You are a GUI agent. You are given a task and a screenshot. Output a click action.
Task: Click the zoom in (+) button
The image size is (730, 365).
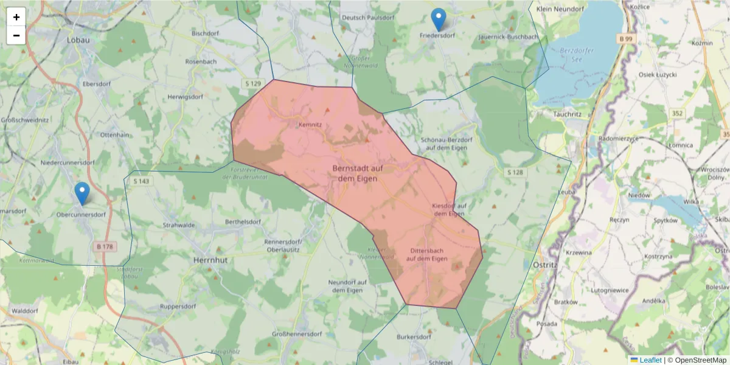[16, 17]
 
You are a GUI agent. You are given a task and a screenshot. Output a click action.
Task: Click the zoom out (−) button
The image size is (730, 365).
[16, 35]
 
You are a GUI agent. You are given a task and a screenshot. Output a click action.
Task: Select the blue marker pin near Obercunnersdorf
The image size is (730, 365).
[82, 193]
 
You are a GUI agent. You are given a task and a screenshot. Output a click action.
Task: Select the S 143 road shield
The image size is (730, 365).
[141, 181]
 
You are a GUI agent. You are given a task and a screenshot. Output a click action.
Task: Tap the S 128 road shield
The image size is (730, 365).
[515, 173]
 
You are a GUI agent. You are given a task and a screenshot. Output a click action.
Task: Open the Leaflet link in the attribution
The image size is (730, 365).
[650, 360]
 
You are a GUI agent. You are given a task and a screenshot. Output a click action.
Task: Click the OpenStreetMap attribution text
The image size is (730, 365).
[700, 360]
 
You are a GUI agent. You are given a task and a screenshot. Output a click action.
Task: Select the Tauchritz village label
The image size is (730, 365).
[569, 114]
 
